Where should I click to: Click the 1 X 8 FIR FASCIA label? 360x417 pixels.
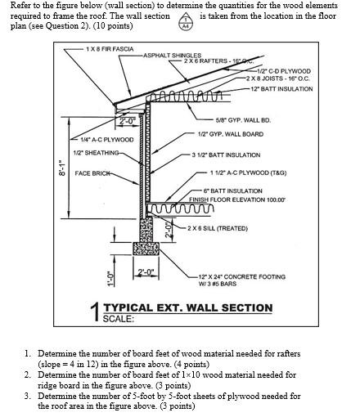(110, 50)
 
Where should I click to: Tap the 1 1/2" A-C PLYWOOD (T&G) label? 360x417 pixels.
(246, 173)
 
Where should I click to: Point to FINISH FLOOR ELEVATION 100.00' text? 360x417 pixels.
(240, 199)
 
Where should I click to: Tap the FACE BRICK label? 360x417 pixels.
(94, 173)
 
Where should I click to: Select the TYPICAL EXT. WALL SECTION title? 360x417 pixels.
(187, 307)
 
